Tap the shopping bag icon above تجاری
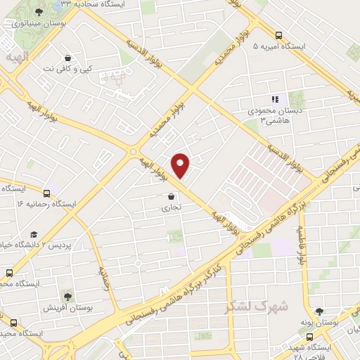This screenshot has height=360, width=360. (172, 198)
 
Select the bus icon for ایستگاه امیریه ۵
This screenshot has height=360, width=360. (279, 34)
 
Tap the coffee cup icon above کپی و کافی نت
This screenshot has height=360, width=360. (67, 58)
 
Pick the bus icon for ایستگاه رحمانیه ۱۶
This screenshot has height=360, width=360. (47, 193)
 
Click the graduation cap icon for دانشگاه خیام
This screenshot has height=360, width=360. (33, 234)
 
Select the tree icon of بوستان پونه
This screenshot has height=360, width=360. (320, 311)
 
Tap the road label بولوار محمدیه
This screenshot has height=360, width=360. (166, 115)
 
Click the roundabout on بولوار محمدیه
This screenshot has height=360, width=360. (134, 150)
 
